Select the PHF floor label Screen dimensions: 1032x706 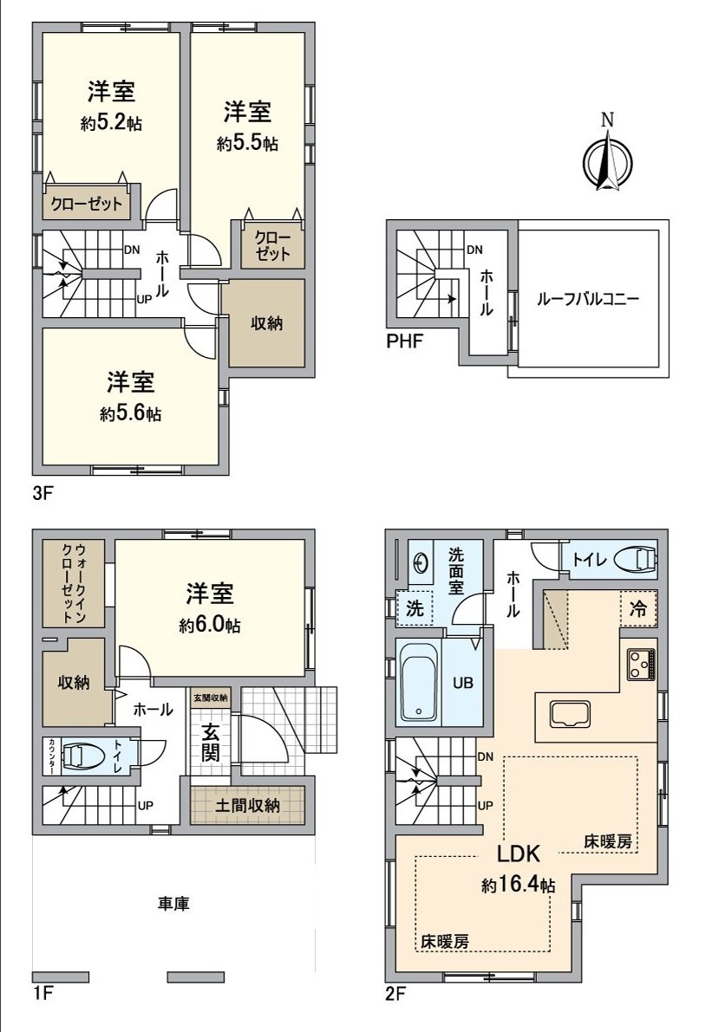click(x=404, y=341)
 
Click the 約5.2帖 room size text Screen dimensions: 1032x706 click(x=111, y=124)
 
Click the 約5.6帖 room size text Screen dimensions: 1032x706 click(x=131, y=414)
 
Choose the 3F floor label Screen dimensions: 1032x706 click(x=43, y=496)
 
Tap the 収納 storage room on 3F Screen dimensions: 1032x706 click(x=265, y=323)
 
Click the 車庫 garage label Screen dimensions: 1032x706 click(x=173, y=904)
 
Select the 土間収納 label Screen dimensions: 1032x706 click(x=248, y=806)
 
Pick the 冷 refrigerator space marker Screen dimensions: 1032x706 click(x=638, y=609)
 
